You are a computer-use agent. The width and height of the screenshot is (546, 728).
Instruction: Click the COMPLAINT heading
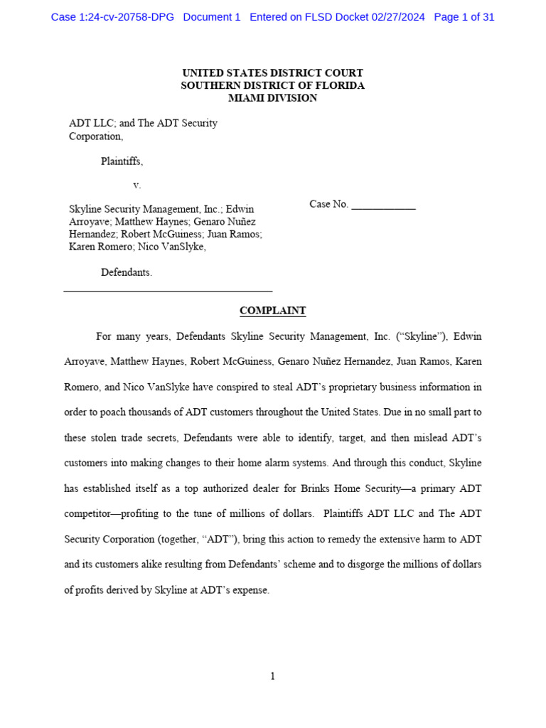[272, 311]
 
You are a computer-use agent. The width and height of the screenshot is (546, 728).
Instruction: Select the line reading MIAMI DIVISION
[272, 98]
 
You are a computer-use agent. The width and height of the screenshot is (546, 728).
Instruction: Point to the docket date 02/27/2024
[398, 17]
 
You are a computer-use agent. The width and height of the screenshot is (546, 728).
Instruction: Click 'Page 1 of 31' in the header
[464, 17]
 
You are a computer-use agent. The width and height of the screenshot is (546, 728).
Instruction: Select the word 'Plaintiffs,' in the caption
[122, 161]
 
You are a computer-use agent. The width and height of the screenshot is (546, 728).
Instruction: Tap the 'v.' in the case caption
[137, 185]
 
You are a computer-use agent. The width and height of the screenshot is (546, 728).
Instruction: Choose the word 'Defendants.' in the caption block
[127, 272]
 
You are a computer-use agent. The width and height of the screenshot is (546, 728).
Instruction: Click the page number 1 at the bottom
[272, 676]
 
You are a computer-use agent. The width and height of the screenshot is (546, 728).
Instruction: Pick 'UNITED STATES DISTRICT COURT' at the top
[272, 73]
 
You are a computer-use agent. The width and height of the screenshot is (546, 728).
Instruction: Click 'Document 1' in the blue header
[212, 17]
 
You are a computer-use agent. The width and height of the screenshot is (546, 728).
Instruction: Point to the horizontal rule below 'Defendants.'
[168, 291]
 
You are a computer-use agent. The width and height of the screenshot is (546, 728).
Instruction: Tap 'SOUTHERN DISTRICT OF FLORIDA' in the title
[272, 85]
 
